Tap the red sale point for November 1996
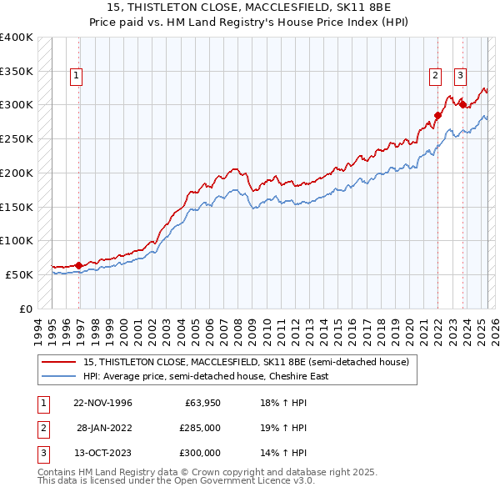[x=79, y=265]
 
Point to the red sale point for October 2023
[x=462, y=104]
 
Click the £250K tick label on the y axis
[x=17, y=138]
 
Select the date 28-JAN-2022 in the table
[x=104, y=428]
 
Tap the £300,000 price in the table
[x=201, y=453]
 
